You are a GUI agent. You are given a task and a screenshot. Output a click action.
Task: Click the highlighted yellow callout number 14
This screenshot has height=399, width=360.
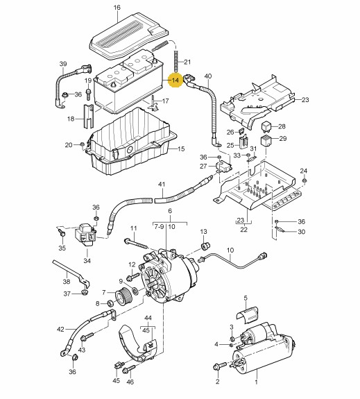click(175, 80)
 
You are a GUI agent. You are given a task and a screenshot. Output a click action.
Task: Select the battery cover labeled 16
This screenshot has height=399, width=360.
click(128, 34)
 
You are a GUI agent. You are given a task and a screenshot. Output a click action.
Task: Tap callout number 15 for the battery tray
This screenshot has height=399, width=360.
click(181, 148)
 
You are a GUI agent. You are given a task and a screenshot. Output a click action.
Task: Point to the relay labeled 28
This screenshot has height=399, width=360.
click(266, 126)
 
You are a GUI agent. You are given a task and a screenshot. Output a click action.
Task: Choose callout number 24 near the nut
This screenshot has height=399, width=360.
click(304, 171)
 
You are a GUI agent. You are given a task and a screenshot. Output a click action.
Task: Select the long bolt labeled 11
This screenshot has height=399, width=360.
click(135, 244)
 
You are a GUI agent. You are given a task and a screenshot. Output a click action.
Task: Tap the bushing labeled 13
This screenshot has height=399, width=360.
click(205, 246)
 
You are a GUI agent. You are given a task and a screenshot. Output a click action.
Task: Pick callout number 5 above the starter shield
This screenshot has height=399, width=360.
click(246, 298)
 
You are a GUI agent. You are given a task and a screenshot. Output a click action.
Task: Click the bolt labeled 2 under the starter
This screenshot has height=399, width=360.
click(219, 366)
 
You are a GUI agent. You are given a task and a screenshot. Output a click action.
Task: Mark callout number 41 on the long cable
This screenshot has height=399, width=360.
click(162, 184)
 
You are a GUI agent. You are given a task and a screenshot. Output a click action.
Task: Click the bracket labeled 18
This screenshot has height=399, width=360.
click(88, 117)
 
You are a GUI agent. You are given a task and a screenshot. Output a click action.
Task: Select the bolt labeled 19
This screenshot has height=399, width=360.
click(88, 94)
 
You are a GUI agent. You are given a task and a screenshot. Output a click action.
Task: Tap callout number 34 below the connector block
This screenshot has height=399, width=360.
click(87, 261)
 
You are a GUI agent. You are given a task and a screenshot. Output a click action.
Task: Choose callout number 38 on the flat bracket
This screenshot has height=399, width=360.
click(67, 282)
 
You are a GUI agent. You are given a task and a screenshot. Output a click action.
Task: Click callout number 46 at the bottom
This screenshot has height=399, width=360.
click(130, 382)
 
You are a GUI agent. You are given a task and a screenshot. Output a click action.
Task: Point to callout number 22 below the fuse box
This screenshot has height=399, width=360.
click(243, 230)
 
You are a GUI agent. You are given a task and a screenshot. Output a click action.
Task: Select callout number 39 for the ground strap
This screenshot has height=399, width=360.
click(63, 64)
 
